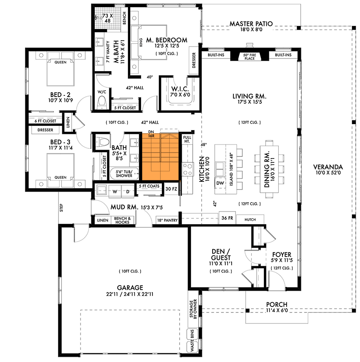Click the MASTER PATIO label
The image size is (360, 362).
tap(251, 24)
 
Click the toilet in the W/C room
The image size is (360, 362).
tap(102, 102)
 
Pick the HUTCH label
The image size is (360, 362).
tap(250, 219)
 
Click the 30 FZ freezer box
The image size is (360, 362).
tap(171, 189)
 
